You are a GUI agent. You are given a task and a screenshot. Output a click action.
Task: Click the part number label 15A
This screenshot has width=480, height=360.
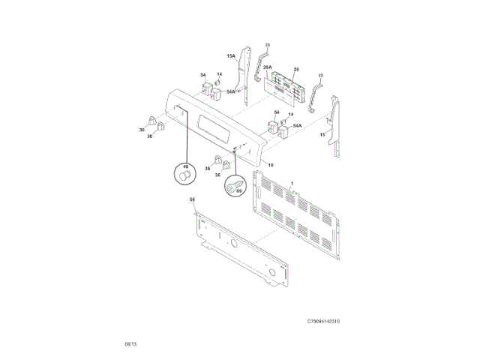pyautogui.click(x=232, y=55)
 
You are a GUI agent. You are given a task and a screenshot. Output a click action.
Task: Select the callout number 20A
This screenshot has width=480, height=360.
pyautogui.click(x=268, y=67)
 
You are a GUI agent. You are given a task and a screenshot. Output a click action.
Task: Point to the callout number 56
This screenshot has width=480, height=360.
pyautogui.click(x=192, y=199)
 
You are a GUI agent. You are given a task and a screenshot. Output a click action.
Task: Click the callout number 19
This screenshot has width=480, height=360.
pyautogui.click(x=271, y=164)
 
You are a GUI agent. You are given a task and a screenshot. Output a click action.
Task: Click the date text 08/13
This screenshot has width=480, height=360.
pyautogui.click(x=130, y=343)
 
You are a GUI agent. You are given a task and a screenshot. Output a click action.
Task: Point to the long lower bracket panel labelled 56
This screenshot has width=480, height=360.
pyautogui.click(x=240, y=251)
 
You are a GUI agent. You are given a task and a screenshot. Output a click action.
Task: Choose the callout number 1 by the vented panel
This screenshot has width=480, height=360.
pyautogui.click(x=292, y=184)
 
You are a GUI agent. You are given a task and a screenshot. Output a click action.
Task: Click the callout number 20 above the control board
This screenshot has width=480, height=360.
pyautogui.click(x=295, y=68)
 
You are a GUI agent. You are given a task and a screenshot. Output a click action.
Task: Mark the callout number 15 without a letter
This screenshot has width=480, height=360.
pyautogui.click(x=322, y=134)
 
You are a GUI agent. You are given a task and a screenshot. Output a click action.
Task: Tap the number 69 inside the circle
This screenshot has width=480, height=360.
pyautogui.click(x=239, y=190)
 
